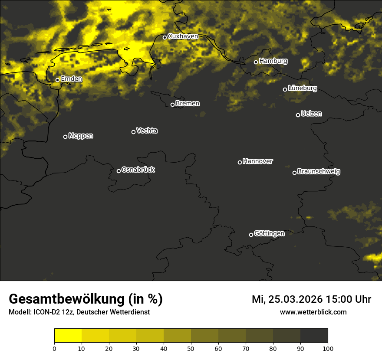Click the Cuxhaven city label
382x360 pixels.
183,36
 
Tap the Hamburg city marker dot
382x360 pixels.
256,62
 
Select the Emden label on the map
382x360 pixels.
72,79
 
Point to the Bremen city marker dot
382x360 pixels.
172,105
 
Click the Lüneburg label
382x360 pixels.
303,88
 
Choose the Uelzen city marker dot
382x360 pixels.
298,115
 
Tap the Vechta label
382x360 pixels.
147,131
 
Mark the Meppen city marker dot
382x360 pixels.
65,137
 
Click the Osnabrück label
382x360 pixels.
138,170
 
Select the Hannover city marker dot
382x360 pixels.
240,162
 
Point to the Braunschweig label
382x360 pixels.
319,172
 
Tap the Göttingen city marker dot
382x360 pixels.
251,235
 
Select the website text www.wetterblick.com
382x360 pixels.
313,312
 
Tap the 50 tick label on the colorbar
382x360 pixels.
191,348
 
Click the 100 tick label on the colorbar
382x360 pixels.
328,348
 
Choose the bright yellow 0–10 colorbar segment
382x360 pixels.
68,336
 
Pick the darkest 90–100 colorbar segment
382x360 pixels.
314,336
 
